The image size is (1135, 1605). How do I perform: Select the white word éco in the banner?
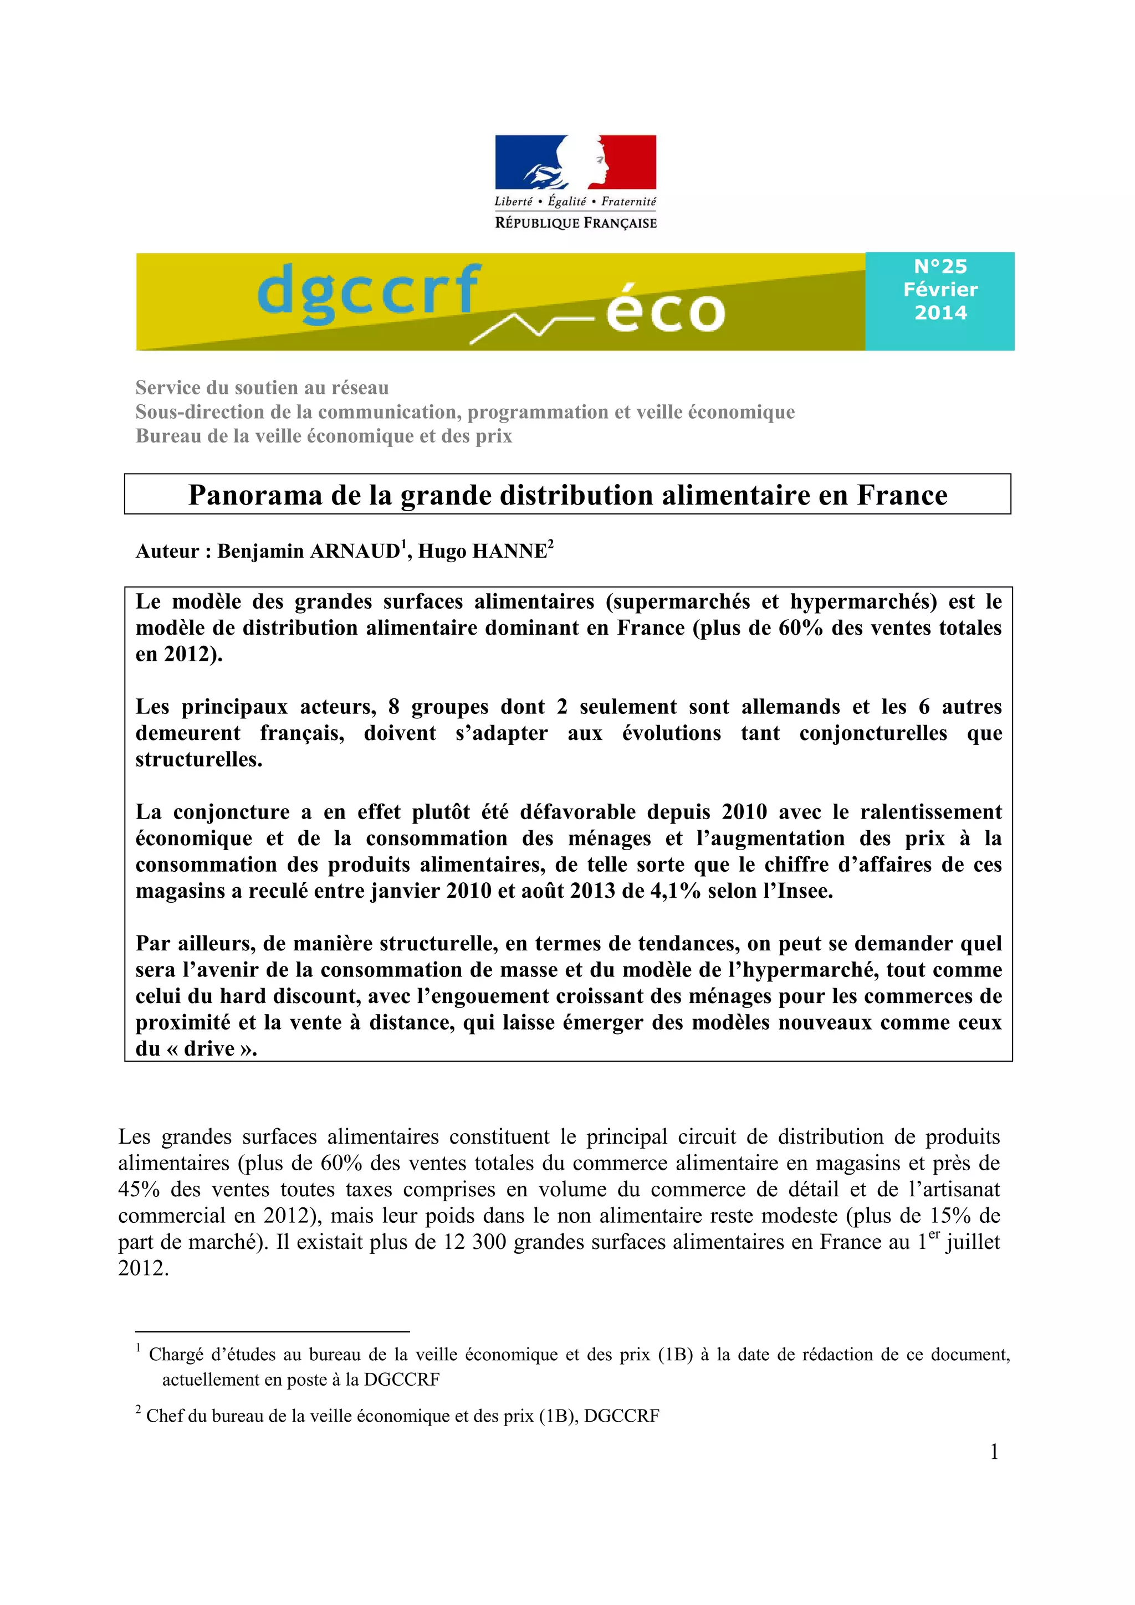(664, 311)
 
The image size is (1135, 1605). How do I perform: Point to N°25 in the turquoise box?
(940, 266)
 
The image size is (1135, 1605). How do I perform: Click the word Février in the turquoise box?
(940, 290)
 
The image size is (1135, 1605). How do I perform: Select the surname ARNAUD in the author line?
(355, 552)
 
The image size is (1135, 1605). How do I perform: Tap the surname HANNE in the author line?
(510, 552)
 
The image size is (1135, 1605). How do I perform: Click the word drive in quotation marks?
(209, 1048)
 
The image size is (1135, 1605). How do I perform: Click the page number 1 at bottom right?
(994, 1452)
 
